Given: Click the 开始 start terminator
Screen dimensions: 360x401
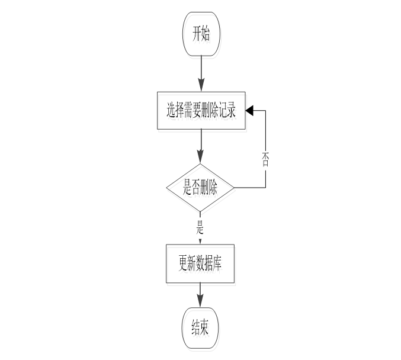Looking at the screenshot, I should [201, 34].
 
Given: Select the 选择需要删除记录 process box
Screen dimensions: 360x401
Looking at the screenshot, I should [201, 110].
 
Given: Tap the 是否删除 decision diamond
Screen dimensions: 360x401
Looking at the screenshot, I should [200, 188].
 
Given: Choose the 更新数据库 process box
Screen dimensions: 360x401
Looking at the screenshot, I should [200, 263].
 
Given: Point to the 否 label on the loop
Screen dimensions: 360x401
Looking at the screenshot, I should [265, 159].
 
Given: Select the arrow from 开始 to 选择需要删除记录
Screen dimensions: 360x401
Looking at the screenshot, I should [201, 73].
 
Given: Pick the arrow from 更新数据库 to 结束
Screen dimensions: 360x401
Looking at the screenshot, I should [200, 295].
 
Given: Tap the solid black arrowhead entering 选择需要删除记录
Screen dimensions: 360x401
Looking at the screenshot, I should [249, 110].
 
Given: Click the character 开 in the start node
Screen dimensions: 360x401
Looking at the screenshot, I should [195, 34].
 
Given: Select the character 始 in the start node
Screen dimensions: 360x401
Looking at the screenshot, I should [206, 34].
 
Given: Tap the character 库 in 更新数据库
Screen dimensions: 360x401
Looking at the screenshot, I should [220, 263].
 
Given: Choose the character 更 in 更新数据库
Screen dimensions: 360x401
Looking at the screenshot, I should [182, 263].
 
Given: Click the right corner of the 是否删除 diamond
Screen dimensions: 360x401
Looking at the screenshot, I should [234, 188].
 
